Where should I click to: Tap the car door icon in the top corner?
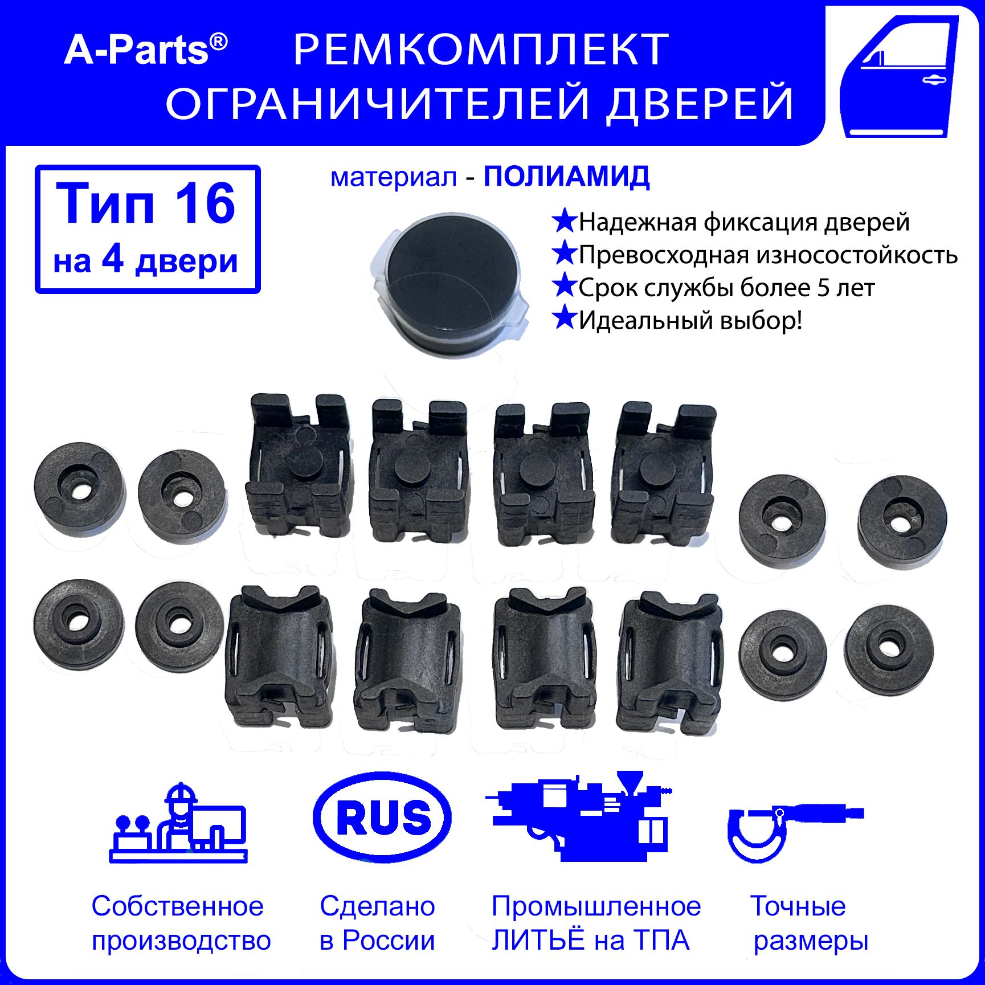pyautogui.click(x=900, y=76)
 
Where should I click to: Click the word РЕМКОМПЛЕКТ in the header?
pyautogui.click(x=481, y=50)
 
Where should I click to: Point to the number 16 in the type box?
pyautogui.click(x=205, y=203)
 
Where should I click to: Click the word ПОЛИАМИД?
pyautogui.click(x=567, y=177)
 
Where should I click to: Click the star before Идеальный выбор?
pyautogui.click(x=565, y=318)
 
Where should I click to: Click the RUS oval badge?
pyautogui.click(x=382, y=817)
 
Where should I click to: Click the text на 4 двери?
pyautogui.click(x=145, y=261)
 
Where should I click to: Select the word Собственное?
pyautogui.click(x=178, y=906)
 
